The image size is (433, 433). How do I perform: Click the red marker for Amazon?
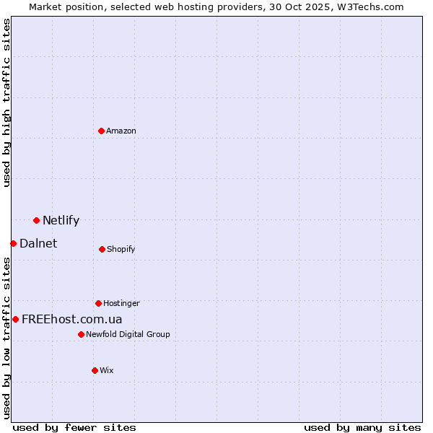click(102, 131)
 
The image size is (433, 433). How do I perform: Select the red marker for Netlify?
click(36, 220)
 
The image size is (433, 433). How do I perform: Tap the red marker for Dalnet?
click(13, 243)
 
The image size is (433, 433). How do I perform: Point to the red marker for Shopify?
click(102, 249)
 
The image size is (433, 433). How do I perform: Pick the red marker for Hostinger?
click(98, 303)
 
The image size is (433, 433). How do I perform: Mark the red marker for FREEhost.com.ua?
click(15, 319)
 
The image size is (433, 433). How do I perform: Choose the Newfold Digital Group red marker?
click(81, 334)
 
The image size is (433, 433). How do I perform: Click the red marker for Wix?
click(95, 370)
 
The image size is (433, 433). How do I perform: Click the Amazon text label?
click(121, 131)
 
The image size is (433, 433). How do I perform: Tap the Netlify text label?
click(61, 221)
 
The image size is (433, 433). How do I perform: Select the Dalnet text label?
click(38, 244)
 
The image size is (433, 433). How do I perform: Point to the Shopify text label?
click(121, 250)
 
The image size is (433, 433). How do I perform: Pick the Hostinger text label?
click(121, 304)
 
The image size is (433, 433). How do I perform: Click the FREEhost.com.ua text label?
click(72, 320)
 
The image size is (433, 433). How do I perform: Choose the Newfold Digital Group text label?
click(128, 335)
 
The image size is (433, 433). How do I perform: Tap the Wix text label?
click(107, 371)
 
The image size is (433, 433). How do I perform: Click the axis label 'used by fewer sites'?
click(74, 427)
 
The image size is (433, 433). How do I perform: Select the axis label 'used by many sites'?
click(362, 427)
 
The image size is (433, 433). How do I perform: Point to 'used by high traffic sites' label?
click(7, 102)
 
